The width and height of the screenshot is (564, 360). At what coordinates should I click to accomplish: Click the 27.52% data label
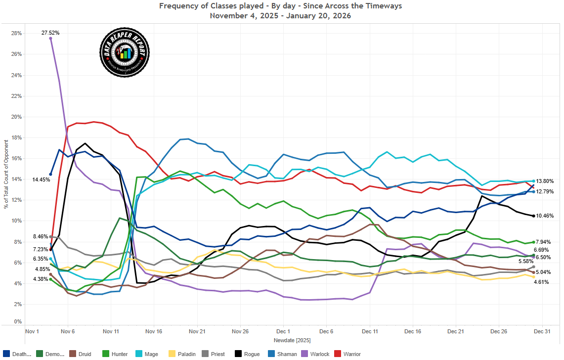tap(50, 33)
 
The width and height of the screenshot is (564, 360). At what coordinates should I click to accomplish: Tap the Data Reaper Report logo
tap(125, 52)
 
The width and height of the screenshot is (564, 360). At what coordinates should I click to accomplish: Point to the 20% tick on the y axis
tap(16, 117)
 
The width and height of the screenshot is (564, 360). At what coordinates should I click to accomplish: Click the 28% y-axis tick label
tap(16, 33)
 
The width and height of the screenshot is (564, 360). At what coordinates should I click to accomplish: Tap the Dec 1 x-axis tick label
tap(283, 331)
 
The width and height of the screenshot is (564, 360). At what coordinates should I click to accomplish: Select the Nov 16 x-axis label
tap(154, 331)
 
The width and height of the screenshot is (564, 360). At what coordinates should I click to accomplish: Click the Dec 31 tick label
tap(542, 331)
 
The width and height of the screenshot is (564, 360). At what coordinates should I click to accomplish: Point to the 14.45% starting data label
tap(41, 180)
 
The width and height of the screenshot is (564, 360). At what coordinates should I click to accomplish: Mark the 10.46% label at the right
tap(544, 216)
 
